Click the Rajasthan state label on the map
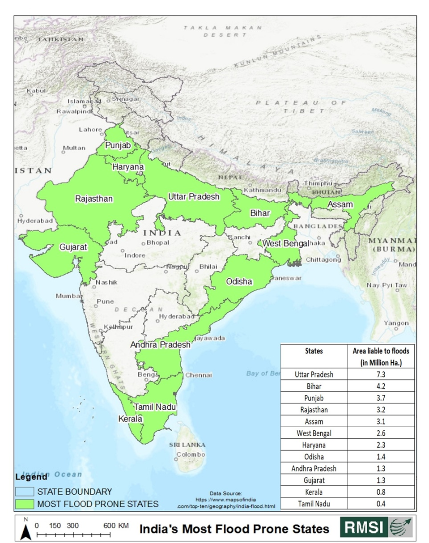[94, 199]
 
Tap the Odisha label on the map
[239, 281]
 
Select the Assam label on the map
[340, 204]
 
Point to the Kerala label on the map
[130, 419]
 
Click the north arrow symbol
[26, 531]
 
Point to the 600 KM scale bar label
[116, 526]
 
